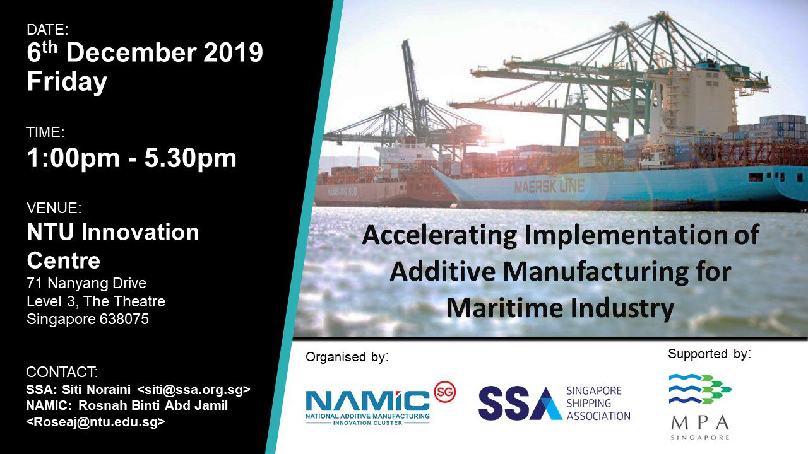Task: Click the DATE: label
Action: [47, 30]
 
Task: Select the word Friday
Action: [67, 83]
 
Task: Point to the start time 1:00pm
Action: [73, 158]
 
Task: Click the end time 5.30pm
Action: [191, 158]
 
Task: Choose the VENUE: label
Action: [54, 208]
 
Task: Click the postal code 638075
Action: [124, 319]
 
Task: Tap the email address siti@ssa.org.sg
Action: [194, 390]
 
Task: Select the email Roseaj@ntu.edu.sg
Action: [96, 422]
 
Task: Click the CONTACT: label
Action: [62, 372]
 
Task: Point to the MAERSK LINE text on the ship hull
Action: [549, 187]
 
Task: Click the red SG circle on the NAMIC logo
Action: [445, 392]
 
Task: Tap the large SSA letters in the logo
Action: [520, 404]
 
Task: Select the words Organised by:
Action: [347, 357]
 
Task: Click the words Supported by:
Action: [709, 354]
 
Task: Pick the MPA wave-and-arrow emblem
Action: [700, 389]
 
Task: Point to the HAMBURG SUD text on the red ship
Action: [342, 192]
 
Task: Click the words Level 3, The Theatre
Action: [96, 301]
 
